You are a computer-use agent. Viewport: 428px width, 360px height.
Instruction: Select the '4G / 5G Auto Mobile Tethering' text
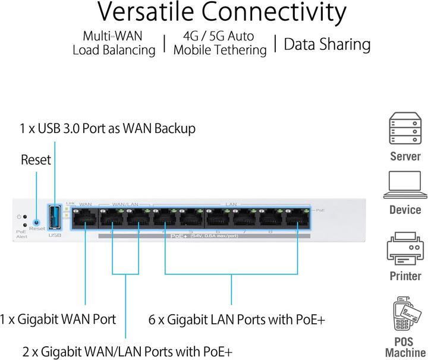219,43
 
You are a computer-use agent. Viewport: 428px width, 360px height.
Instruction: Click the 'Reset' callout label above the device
36,160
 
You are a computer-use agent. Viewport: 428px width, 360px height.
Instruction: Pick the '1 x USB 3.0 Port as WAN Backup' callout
107,128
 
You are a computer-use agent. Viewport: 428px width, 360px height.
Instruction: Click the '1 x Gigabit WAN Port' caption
58,319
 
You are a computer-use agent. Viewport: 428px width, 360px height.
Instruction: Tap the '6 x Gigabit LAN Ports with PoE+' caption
237,319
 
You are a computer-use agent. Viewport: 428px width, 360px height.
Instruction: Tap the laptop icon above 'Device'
405,185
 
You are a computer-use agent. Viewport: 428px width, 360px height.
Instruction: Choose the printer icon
405,250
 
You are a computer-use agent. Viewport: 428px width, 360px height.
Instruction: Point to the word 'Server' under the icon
405,157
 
